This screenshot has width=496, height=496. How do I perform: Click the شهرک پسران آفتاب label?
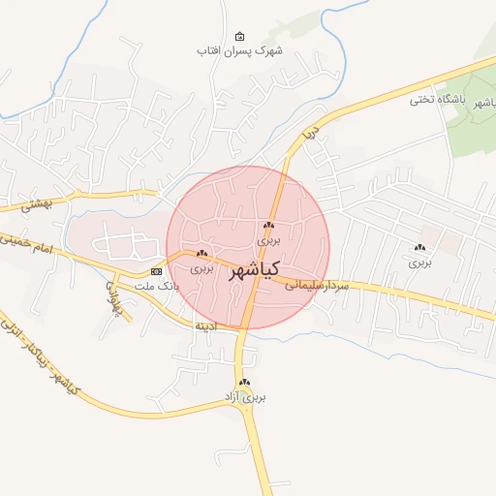coord(239,49)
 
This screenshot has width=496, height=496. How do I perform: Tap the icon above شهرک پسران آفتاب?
coord(240,35)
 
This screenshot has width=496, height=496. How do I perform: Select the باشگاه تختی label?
coord(437,99)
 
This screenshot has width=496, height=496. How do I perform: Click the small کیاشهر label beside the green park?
coord(476,106)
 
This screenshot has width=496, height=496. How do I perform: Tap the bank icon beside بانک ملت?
coord(157,271)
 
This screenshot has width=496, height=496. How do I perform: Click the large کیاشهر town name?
coord(255,270)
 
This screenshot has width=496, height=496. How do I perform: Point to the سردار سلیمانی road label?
coord(315,285)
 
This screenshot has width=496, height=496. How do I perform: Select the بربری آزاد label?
coord(245,397)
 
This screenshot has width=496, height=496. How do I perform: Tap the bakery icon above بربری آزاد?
coord(245,383)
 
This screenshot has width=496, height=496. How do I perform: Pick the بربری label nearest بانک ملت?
coord(200,266)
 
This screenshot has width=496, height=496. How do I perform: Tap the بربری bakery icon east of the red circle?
coord(419,248)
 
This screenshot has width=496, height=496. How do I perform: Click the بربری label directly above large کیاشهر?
coord(268,236)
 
